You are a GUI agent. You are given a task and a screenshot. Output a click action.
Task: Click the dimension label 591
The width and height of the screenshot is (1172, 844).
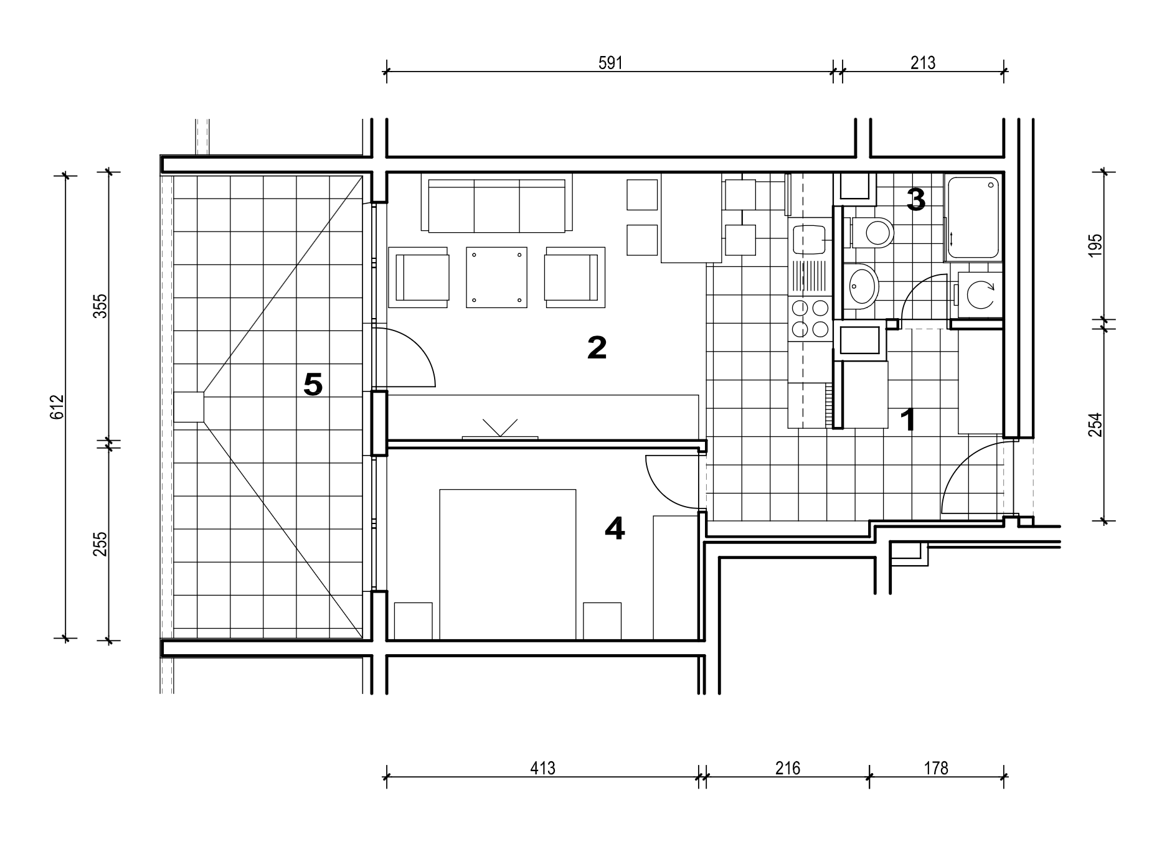tap(610, 63)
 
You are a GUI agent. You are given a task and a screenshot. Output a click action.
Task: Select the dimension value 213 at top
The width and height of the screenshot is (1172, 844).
tap(923, 63)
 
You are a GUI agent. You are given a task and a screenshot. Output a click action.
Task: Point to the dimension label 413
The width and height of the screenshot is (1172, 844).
tap(542, 768)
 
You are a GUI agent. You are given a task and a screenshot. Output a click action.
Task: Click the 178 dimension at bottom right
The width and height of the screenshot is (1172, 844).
tap(936, 768)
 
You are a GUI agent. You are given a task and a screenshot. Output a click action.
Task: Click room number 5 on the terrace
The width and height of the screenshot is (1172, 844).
tap(313, 384)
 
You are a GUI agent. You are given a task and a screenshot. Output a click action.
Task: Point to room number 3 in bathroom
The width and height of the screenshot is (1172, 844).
tap(915, 199)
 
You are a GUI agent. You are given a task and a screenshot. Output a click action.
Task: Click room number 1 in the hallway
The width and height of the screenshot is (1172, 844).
tap(909, 420)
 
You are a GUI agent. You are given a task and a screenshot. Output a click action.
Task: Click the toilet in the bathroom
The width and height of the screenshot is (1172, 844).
tap(873, 232)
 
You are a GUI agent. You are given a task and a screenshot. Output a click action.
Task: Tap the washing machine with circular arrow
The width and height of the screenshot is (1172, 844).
tap(979, 295)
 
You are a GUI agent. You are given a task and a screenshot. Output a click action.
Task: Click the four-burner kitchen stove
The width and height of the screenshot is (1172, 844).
tap(810, 318)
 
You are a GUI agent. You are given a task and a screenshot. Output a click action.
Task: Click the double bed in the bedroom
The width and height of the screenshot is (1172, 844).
tap(508, 564)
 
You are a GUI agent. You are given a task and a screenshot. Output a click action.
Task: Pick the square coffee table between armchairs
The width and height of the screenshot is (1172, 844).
tap(497, 277)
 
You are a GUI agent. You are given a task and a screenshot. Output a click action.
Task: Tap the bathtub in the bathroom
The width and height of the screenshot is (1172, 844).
tap(973, 219)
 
